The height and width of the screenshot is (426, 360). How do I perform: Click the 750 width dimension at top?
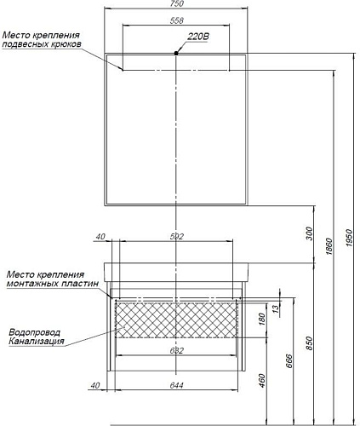[177, 3]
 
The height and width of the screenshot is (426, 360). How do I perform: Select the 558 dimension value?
[177, 20]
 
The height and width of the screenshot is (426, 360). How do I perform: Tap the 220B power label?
[198, 37]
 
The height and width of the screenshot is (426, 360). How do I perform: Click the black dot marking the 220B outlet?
[176, 53]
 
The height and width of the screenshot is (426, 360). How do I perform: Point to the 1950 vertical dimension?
[350, 238]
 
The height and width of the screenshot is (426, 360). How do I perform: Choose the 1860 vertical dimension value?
[329, 246]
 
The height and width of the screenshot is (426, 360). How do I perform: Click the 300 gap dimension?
[309, 233]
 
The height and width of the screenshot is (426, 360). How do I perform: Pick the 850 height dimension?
[309, 343]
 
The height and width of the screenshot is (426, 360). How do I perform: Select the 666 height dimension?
[289, 361]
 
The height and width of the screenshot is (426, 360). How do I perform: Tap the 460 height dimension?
[262, 381]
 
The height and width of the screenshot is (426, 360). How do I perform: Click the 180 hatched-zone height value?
[262, 319]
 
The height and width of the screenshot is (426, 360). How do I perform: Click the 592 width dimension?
[177, 236]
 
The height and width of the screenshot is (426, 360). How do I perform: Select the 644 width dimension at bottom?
[177, 385]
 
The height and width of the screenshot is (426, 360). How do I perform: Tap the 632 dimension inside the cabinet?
[177, 351]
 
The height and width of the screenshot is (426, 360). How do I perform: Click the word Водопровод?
[35, 332]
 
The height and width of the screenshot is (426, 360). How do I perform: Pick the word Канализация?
[37, 341]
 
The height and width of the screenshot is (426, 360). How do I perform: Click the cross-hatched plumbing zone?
[176, 320]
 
